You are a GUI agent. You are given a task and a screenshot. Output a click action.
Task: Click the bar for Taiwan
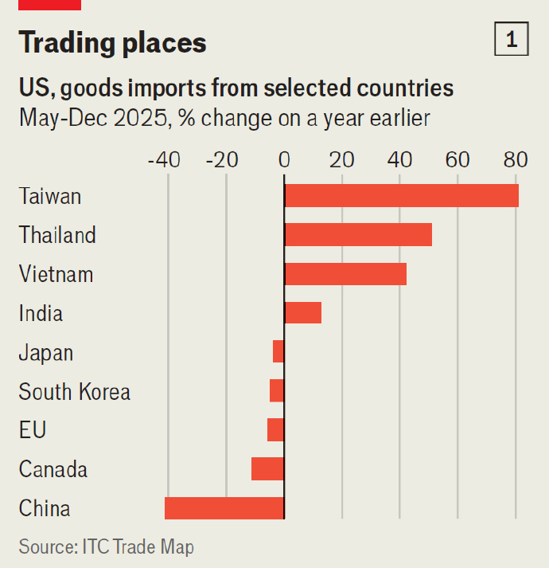[401, 196]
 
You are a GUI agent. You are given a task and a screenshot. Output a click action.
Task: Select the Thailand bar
[358, 235]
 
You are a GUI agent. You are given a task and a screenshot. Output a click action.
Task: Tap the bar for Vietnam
[345, 274]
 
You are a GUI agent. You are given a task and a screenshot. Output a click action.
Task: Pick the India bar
[303, 313]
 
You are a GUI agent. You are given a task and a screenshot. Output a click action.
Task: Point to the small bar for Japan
[278, 351]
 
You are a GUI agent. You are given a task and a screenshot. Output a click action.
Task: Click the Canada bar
[267, 469]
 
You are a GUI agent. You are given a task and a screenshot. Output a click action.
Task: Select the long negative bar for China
[224, 508]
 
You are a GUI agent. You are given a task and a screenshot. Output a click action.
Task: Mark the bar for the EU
[275, 430]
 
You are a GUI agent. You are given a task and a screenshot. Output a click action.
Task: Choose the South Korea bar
[277, 391]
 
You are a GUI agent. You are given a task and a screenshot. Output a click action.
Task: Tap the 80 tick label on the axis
[516, 159]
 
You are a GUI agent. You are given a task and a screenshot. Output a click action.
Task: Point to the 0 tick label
[284, 159]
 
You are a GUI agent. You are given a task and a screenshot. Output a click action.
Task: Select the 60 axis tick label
[457, 159]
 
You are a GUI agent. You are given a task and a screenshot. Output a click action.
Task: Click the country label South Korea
[75, 392]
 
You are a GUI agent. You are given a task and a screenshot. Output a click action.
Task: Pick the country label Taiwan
[50, 196]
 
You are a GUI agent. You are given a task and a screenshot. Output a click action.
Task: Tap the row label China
[45, 508]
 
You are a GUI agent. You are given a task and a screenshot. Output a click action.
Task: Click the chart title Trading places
[113, 42]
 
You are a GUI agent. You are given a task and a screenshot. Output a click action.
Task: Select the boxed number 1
[512, 40]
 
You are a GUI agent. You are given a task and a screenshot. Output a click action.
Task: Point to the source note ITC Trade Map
[107, 547]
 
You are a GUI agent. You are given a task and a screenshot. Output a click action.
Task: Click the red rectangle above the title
[49, 5]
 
